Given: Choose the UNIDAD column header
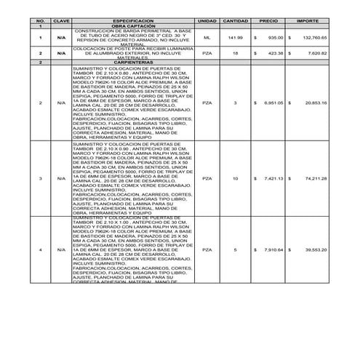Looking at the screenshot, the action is tap(207, 23).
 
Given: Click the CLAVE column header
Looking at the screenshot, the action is tap(61, 23).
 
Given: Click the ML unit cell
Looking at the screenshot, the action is tap(207, 36).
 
